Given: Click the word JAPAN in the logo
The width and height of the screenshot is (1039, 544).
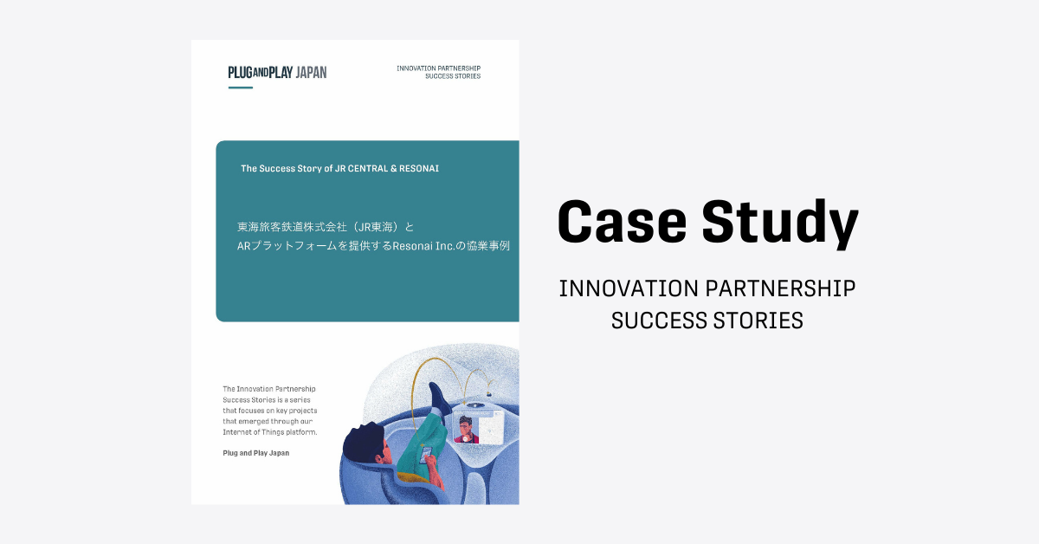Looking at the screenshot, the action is click(x=311, y=73).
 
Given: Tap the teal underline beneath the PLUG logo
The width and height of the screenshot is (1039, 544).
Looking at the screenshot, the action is click(x=241, y=87).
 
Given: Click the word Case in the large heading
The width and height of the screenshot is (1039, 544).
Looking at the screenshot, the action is click(x=622, y=221).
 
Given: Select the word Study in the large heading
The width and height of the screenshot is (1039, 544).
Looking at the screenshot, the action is click(x=780, y=224).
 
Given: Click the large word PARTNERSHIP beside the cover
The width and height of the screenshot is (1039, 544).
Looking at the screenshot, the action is click(x=780, y=288).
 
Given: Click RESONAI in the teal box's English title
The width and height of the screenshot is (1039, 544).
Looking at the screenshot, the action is click(x=419, y=169).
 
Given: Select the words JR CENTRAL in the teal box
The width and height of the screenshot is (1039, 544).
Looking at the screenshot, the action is click(x=361, y=169).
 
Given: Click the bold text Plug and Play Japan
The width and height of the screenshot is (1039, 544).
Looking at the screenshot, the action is click(x=256, y=453).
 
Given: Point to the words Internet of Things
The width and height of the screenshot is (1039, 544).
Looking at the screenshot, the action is click(x=253, y=432).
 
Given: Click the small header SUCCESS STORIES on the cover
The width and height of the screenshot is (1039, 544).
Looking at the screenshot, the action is click(x=453, y=76).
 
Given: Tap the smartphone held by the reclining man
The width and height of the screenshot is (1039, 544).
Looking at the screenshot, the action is click(x=426, y=454).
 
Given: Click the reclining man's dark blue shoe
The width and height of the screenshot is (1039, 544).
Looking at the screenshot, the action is click(x=438, y=397).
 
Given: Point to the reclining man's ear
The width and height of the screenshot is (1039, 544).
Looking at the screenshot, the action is click(x=380, y=459).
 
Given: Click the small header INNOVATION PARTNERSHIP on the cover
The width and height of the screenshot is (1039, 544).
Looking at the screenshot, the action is click(x=438, y=68).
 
